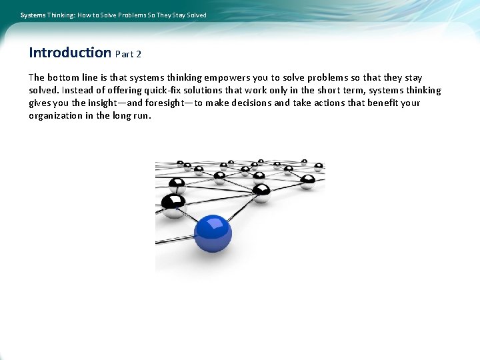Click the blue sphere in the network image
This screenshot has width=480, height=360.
(x=213, y=231)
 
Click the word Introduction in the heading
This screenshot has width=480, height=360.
(x=70, y=53)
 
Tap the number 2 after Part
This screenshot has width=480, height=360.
(x=138, y=54)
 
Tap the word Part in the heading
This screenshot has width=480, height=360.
(x=125, y=54)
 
